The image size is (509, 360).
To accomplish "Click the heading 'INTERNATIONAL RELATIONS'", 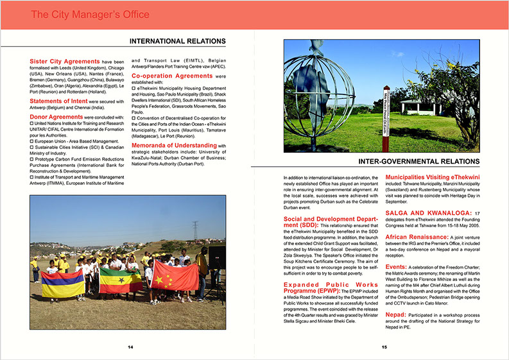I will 177,42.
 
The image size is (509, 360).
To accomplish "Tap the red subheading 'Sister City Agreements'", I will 64,62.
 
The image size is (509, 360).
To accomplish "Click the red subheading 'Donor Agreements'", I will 56,117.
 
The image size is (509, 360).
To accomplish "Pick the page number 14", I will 130,347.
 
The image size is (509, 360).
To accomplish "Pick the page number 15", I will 384,347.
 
